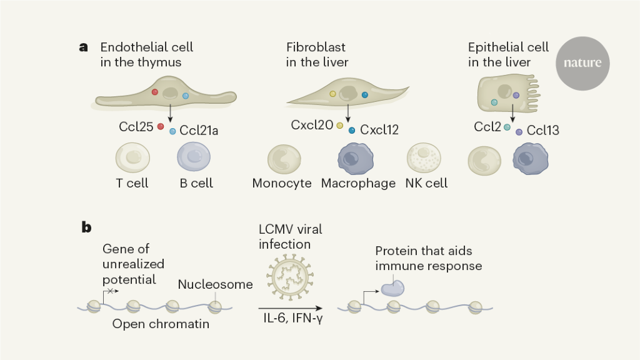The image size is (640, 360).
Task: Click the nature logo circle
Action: (x=582, y=63)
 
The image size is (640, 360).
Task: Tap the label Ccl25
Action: (x=136, y=127)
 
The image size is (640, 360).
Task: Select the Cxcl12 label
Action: (x=379, y=130)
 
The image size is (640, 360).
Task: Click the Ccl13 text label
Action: (x=542, y=131)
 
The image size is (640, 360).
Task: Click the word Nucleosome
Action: (x=215, y=284)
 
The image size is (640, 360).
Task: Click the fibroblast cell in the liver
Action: (x=346, y=96)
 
